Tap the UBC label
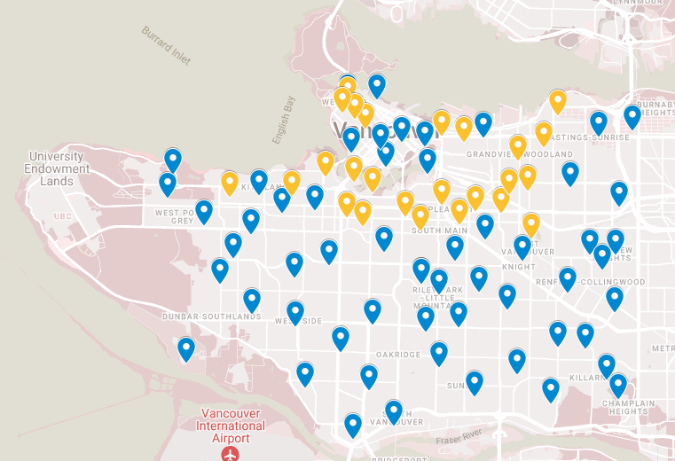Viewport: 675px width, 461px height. [61, 216]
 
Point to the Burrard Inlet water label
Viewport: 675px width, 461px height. [166, 44]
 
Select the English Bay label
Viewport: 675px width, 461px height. [283, 120]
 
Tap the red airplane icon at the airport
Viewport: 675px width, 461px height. [232, 454]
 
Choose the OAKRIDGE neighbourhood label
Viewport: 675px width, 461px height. [398, 355]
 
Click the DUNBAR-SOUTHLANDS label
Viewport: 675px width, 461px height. [210, 316]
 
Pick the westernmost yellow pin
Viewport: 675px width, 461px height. [230, 183]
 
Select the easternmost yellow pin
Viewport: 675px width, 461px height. [557, 100]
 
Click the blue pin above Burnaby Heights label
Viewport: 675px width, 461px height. [632, 115]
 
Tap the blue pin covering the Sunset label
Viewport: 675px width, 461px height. [475, 382]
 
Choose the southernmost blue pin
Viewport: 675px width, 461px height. [353, 425]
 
